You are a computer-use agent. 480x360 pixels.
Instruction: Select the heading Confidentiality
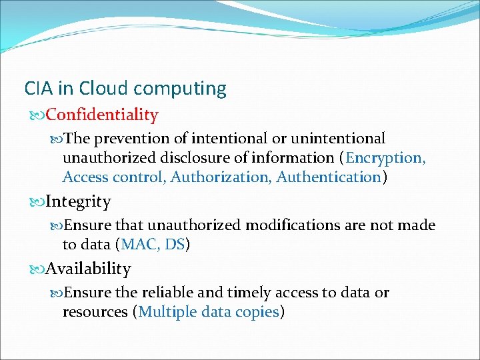tap(101, 115)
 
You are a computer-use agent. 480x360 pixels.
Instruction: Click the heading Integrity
tap(78, 201)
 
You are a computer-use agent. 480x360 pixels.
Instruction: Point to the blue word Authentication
tap(328, 177)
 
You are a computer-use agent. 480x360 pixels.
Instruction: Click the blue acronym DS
tap(175, 245)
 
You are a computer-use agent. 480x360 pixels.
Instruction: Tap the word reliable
tap(161, 293)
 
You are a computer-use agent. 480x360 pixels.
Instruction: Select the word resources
tap(97, 312)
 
